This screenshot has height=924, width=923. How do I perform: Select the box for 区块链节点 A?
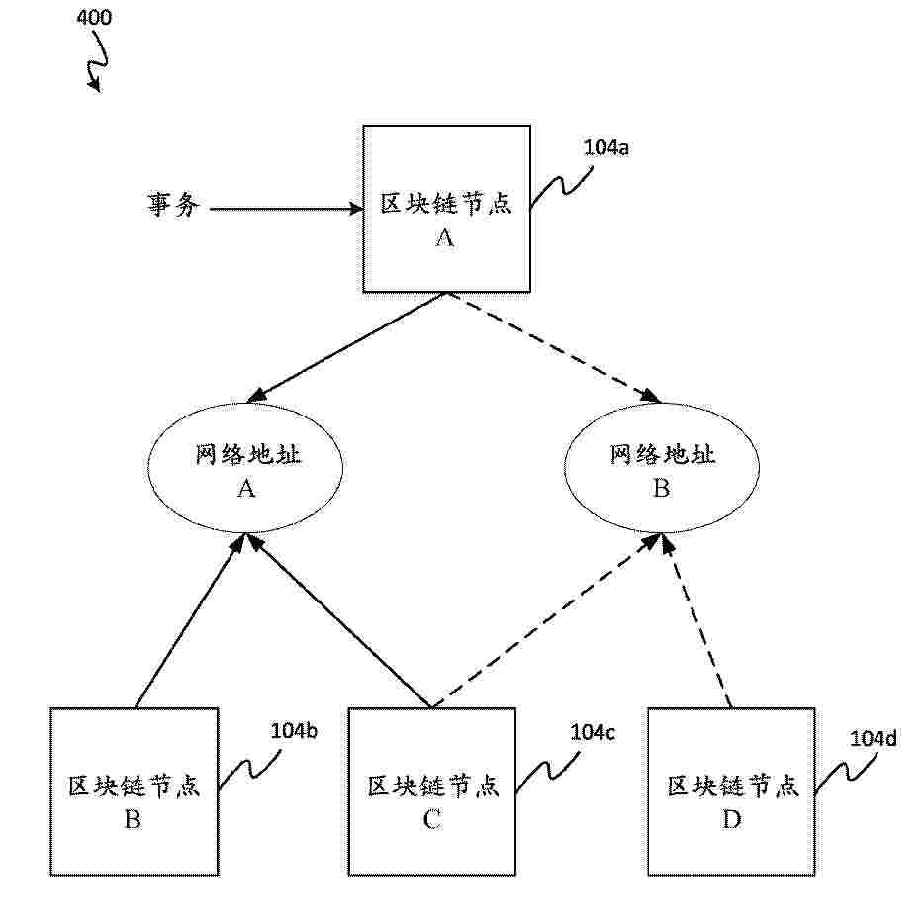[445, 209]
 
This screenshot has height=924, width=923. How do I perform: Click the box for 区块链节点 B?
[134, 790]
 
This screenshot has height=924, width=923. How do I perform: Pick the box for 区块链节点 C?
[432, 790]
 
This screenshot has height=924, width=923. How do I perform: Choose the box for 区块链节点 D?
[731, 790]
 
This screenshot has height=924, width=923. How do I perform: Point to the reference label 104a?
[606, 150]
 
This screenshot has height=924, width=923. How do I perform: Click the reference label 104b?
[293, 732]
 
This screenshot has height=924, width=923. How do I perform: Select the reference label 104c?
[592, 732]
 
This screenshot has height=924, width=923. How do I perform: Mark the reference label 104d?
[874, 738]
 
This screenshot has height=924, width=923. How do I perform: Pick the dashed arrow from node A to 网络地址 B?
[554, 347]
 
